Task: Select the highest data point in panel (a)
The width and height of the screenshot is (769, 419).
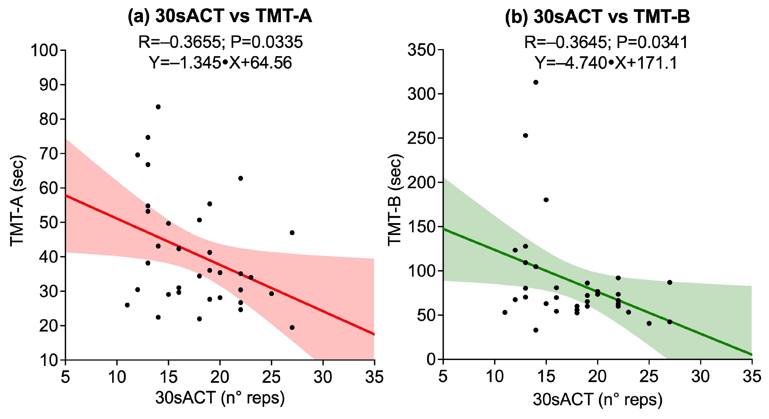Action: pos(158,107)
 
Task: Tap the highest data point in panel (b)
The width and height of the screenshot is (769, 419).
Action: pos(536,82)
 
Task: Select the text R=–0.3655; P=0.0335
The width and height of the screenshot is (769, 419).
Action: pos(220,42)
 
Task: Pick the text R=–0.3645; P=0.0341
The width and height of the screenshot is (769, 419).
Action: pos(606,42)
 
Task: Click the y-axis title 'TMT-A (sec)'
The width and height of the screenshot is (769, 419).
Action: pos(17,201)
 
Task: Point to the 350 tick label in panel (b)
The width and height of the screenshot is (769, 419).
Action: pos(421,50)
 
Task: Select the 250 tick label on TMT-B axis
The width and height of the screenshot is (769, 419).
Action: pos(421,138)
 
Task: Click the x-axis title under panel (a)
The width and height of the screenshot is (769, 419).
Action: pos(220,398)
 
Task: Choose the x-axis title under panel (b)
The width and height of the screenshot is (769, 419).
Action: pos(598,400)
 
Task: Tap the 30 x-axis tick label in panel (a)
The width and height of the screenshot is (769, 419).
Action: pos(323,377)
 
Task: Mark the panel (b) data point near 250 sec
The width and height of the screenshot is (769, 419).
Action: pos(525,135)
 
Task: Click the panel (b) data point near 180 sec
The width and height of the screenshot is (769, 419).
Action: pos(546,200)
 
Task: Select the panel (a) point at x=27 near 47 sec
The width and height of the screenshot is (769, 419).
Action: pos(292,233)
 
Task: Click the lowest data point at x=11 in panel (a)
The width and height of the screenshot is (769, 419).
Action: pos(127,305)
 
